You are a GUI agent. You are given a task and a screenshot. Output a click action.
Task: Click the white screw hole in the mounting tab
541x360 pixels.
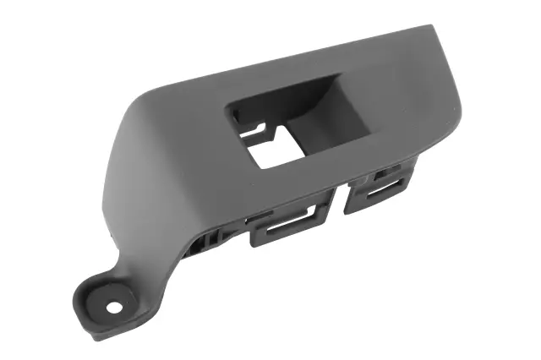[113, 307]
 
